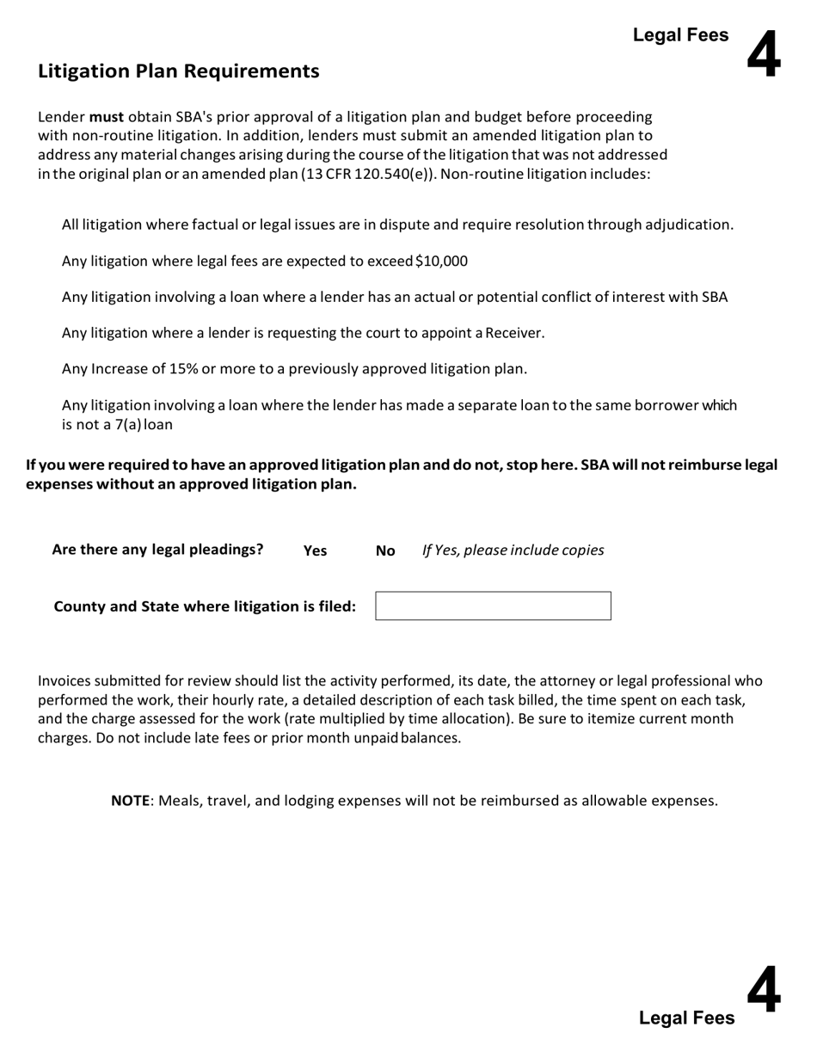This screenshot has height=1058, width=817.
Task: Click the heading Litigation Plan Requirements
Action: pos(178,71)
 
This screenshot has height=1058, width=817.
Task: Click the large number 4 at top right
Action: pos(764,53)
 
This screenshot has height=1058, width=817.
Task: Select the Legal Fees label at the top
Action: pos(680,35)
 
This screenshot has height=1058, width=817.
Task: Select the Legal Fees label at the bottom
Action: pos(686,1018)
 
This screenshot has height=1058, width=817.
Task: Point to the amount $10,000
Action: pos(441,261)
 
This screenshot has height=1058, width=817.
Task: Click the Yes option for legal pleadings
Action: pos(315,551)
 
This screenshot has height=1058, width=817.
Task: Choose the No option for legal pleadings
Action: pos(385,551)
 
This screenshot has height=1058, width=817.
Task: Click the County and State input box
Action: pos(493,606)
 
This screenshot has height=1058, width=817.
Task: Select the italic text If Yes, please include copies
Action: pos(513,551)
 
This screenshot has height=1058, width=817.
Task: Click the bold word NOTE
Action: pos(130,801)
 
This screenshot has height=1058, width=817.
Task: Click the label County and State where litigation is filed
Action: pos(205,606)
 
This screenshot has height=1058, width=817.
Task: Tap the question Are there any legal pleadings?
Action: pos(157,550)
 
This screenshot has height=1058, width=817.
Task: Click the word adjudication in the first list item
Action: pos(691,225)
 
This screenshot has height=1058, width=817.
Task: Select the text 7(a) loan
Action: pos(144,425)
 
